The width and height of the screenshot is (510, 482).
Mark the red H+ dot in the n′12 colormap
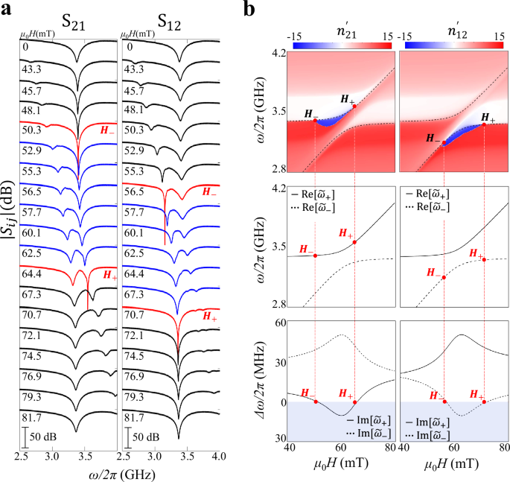(x=484, y=125)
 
